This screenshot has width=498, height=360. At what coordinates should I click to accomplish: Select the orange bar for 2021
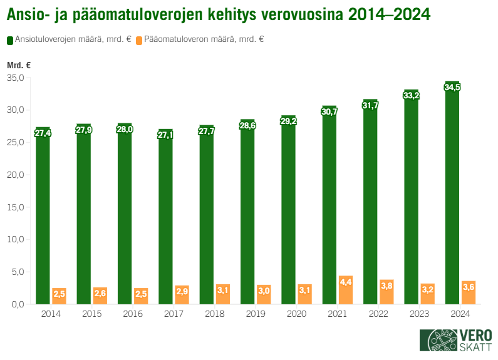[346, 291]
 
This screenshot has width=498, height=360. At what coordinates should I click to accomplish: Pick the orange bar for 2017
[182, 296]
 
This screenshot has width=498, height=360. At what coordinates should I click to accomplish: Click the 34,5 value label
[452, 88]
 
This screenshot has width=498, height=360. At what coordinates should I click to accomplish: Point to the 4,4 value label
[346, 282]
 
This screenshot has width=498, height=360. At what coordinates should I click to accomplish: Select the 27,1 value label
[165, 135]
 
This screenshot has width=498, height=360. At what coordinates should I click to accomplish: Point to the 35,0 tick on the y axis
[15, 78]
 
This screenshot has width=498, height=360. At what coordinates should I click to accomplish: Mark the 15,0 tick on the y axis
[15, 207]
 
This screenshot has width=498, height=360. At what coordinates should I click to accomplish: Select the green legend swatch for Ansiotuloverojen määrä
[10, 40]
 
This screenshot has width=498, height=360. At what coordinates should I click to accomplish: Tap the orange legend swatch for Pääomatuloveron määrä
[139, 40]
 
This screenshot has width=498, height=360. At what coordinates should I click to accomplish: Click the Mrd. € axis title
[19, 65]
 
